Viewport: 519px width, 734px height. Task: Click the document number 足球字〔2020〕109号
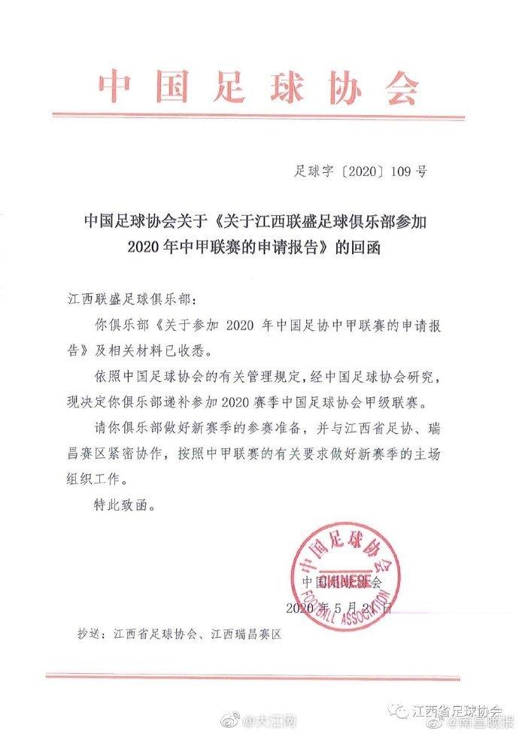tap(360, 172)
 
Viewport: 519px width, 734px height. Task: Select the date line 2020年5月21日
tap(338, 606)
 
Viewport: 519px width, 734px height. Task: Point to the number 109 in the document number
tap(399, 172)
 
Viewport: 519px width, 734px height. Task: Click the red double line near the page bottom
tap(259, 676)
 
